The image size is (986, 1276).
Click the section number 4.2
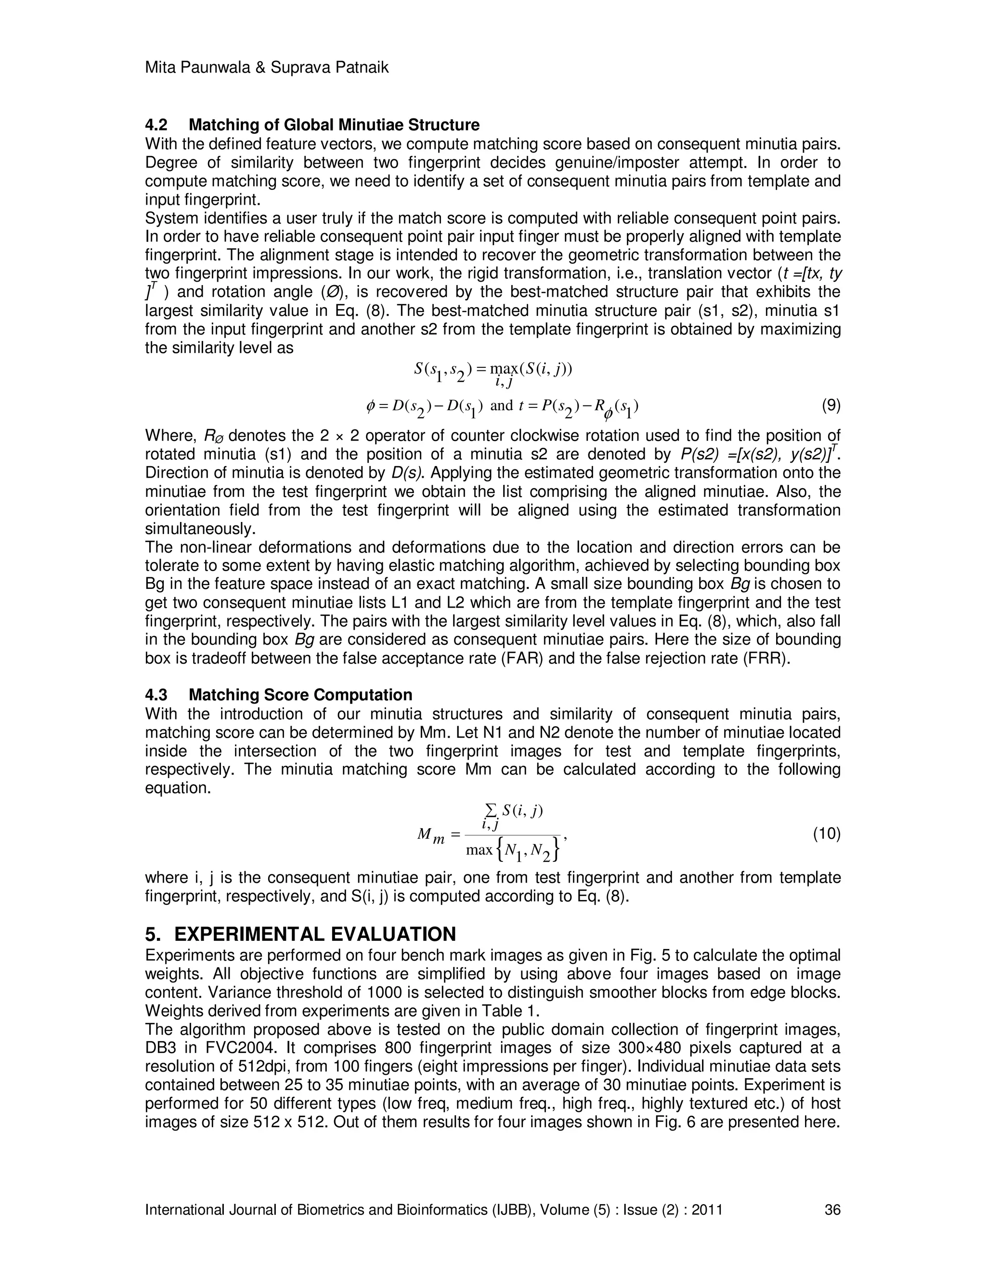point(156,125)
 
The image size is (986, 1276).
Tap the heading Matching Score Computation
point(300,695)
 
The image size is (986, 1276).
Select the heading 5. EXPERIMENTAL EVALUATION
point(300,934)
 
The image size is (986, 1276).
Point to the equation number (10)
point(827,833)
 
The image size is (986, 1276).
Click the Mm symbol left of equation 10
point(430,836)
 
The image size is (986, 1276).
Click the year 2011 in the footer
point(707,1210)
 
